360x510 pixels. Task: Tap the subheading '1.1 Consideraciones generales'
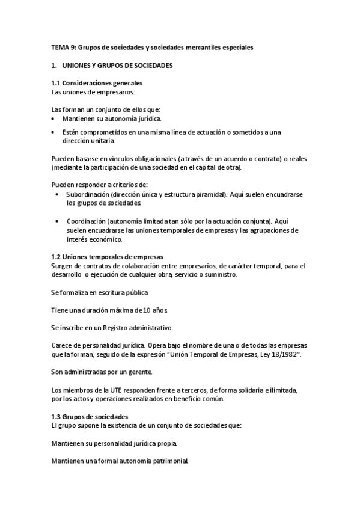[96, 82]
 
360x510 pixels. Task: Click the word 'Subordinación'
[88, 195]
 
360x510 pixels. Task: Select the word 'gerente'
[140, 373]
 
